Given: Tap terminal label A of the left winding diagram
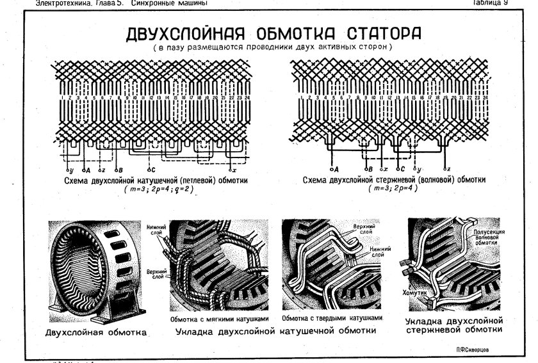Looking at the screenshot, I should coord(86,171).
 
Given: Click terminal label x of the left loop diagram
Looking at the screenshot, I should coord(234,171).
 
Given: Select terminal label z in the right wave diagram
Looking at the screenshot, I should coord(450,170).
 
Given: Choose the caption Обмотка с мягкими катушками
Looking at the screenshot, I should coord(221,318).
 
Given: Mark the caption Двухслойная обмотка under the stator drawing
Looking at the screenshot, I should coord(96,332).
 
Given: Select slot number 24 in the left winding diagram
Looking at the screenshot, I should coord(247,98).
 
